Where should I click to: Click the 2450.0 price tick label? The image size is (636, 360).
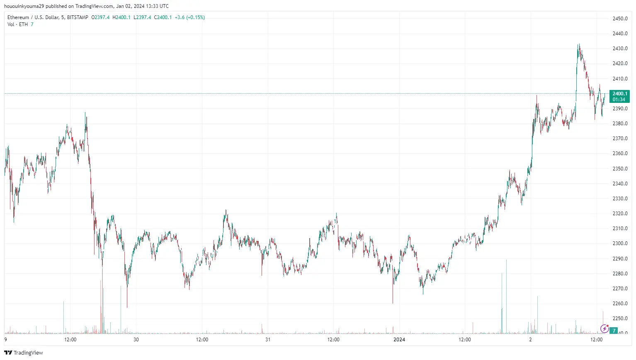[x=620, y=19]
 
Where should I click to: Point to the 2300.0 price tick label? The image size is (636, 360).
[x=620, y=243]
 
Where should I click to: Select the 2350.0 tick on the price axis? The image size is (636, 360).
[x=620, y=169]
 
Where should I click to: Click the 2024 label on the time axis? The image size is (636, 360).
[x=399, y=340]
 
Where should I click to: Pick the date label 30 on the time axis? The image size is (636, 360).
[x=136, y=340]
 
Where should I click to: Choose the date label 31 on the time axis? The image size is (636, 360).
[x=268, y=340]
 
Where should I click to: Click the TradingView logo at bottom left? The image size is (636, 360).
[x=24, y=353]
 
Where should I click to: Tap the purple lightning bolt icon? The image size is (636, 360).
[x=604, y=329]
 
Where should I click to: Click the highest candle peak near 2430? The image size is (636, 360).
[x=579, y=44]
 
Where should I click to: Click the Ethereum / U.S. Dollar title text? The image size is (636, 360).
[x=33, y=17]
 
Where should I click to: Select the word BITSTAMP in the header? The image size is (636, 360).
[x=78, y=17]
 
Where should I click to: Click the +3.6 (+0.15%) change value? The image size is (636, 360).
[x=189, y=17]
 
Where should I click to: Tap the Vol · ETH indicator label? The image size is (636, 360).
[x=17, y=24]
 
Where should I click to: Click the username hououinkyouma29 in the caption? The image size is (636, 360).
[x=24, y=6]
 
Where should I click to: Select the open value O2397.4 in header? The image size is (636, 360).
[x=100, y=17]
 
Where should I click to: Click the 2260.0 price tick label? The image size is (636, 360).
[x=620, y=304]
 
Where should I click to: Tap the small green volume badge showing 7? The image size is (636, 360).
[x=614, y=331]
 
